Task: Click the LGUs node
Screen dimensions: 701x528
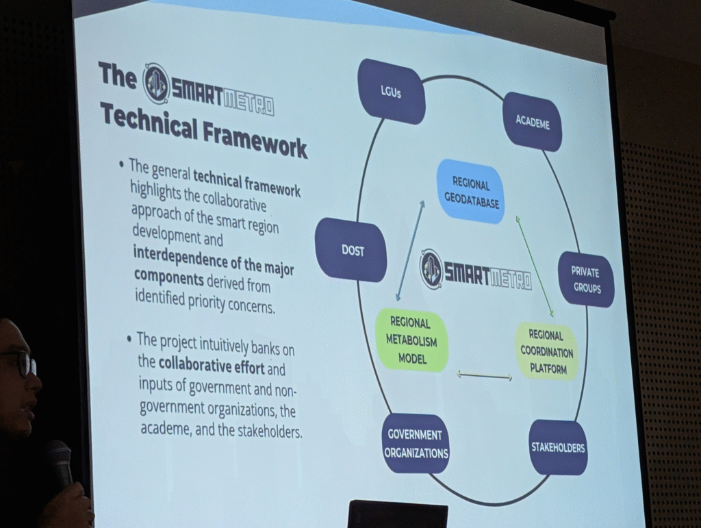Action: click(391, 91)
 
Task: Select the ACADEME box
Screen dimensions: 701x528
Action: click(533, 122)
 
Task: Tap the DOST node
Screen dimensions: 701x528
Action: click(352, 250)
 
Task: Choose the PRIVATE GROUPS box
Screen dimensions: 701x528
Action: click(586, 279)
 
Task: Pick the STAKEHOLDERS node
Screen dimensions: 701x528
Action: click(557, 447)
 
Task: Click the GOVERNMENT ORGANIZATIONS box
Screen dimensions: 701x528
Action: click(416, 444)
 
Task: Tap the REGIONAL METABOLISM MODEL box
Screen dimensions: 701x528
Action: click(411, 340)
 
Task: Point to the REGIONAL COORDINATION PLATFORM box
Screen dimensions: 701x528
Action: click(547, 352)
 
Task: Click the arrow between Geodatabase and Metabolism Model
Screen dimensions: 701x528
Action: click(410, 251)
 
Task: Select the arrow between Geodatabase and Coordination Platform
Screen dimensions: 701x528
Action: click(535, 266)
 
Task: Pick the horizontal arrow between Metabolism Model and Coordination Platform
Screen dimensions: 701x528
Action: click(484, 377)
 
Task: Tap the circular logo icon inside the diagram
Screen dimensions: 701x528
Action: click(431, 267)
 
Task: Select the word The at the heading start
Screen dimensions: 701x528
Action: click(117, 75)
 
